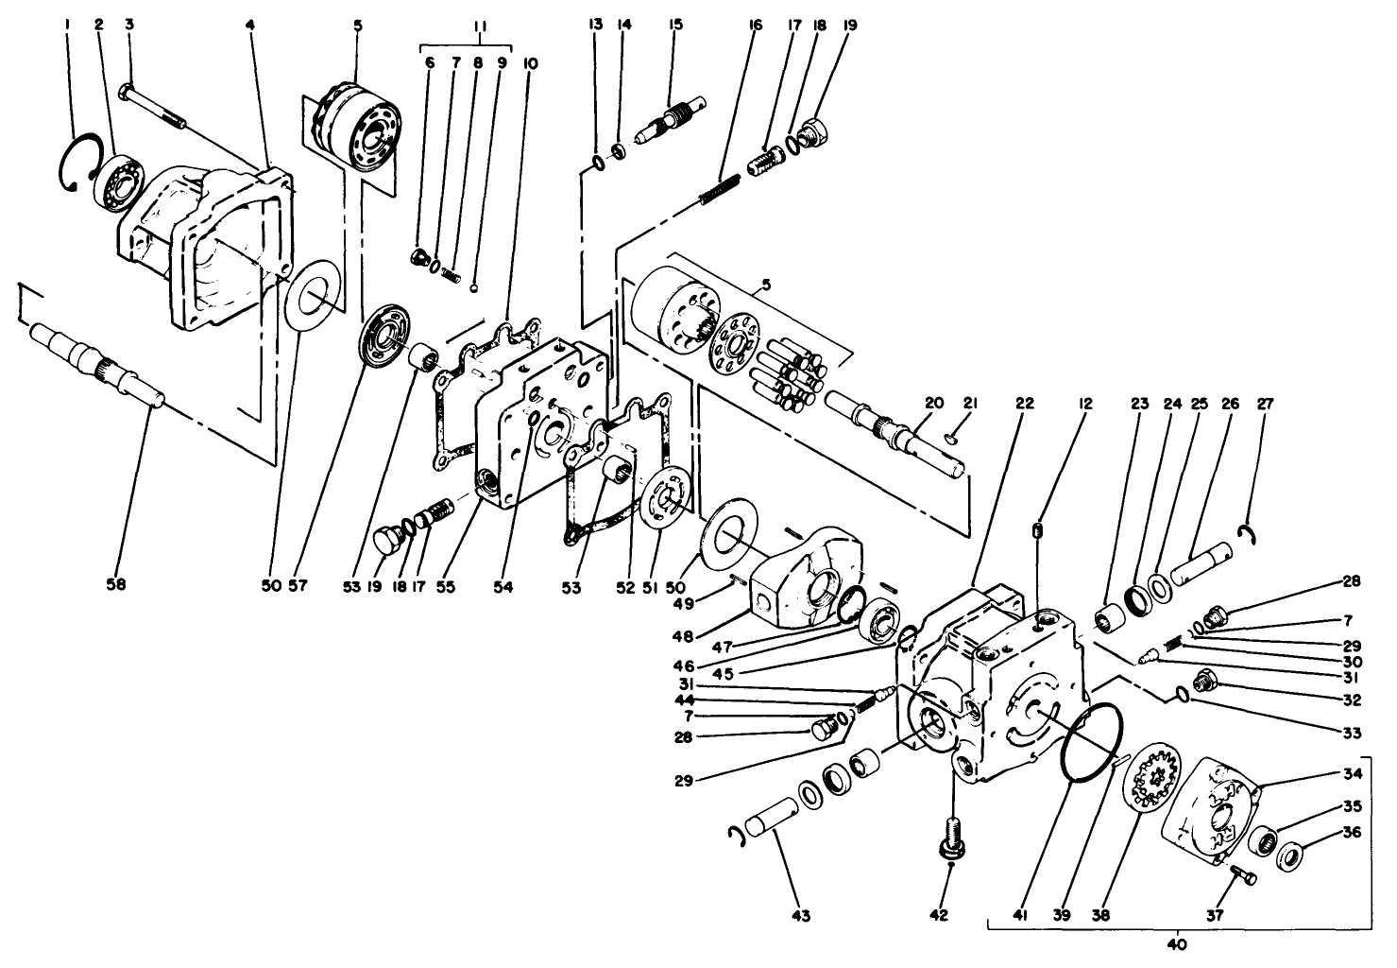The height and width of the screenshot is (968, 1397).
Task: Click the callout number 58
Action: [115, 585]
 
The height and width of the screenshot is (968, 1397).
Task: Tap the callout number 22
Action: [1024, 404]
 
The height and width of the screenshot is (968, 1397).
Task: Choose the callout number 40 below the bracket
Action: [1177, 943]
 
